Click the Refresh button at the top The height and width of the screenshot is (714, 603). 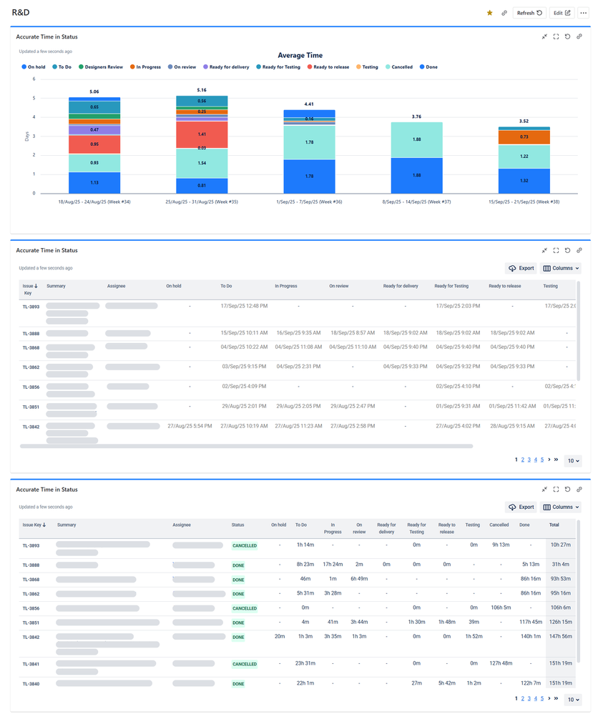(x=530, y=13)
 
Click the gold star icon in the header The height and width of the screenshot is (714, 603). (x=489, y=13)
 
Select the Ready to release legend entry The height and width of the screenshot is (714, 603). (x=328, y=67)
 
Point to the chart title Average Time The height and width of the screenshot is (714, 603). (x=300, y=55)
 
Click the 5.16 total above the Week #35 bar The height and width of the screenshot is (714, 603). (x=202, y=90)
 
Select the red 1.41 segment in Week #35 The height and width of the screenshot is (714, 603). (x=202, y=134)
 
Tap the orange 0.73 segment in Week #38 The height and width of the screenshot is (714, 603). (x=524, y=137)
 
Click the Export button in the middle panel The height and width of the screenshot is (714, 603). (x=521, y=268)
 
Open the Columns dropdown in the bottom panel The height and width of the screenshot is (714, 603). (x=561, y=507)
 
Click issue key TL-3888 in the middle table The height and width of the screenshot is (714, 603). (x=31, y=334)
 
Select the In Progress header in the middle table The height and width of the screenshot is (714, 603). (x=286, y=286)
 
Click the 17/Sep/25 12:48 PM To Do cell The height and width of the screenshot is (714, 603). (x=244, y=307)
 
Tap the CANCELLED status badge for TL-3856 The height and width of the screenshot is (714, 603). (x=244, y=608)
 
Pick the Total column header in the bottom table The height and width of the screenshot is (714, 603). (x=554, y=525)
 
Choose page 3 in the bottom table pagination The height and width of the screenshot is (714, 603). (x=529, y=699)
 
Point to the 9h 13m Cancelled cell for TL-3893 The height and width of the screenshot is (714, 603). (x=500, y=545)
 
